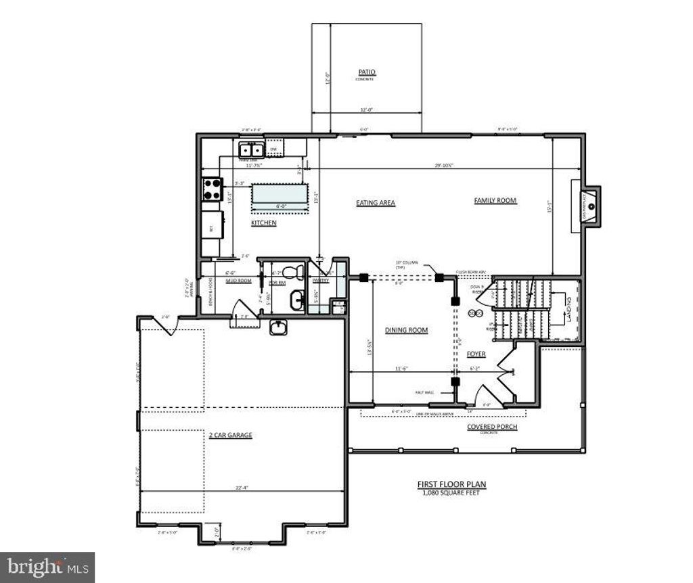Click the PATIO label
point(367,72)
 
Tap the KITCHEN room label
point(264,223)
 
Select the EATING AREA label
point(376,202)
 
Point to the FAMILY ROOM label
point(495,200)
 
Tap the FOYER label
point(476,354)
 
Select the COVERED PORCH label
point(492,427)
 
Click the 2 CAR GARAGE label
point(230,435)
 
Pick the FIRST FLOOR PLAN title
point(451,484)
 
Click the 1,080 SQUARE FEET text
point(451,492)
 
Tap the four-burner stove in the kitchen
point(211,188)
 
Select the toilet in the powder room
point(292,273)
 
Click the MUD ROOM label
point(240,281)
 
